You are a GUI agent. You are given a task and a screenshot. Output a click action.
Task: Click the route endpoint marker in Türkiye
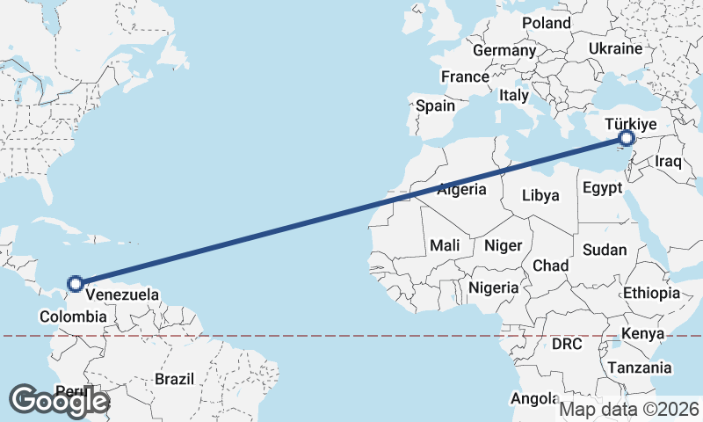click(x=627, y=138)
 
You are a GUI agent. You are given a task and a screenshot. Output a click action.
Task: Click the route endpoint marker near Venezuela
click(x=76, y=283)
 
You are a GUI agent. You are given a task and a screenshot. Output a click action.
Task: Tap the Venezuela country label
click(x=122, y=295)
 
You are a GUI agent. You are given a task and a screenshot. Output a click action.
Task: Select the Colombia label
click(x=73, y=316)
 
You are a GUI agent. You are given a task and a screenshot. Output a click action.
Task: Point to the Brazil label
click(x=174, y=379)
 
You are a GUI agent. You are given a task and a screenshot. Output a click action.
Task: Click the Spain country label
click(x=436, y=105)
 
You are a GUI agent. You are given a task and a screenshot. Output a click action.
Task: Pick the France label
click(x=465, y=77)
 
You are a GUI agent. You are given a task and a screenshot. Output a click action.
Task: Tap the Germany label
click(x=504, y=50)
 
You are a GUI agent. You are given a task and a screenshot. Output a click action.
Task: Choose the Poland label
click(x=546, y=23)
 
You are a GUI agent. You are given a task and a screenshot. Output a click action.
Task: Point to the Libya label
click(x=540, y=194)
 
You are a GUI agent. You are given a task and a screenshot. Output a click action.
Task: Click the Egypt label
click(x=602, y=188)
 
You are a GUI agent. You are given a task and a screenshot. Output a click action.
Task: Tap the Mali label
click(x=446, y=245)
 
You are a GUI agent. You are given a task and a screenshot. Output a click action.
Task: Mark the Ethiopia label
click(x=651, y=293)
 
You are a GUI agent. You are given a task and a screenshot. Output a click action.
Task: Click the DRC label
click(x=567, y=344)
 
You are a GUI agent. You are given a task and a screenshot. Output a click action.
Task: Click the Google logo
click(x=59, y=401)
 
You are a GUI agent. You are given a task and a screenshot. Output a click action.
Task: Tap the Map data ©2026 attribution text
click(x=629, y=409)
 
